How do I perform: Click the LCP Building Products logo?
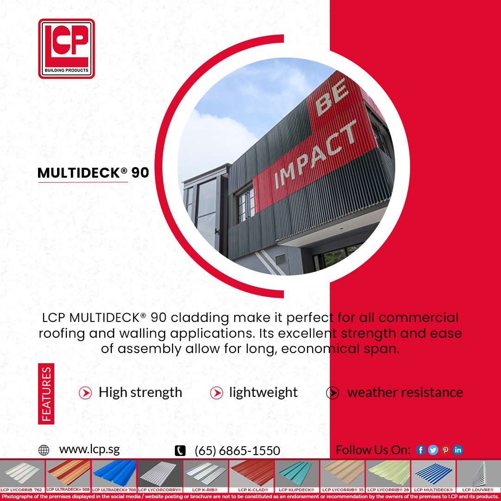tap(66, 48)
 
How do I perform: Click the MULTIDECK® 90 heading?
tap(93, 173)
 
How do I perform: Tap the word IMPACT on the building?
tap(316, 153)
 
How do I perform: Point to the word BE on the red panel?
tap(332, 99)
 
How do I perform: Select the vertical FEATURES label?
tap(46, 394)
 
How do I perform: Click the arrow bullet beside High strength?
tap(85, 393)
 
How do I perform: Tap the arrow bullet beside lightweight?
tap(216, 393)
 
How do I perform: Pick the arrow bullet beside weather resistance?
tap(332, 393)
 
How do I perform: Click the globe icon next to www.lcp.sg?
tap(44, 450)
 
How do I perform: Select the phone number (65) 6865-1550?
tap(237, 450)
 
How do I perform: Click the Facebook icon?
tap(421, 450)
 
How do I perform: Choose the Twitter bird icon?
tap(433, 450)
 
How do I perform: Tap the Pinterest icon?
tap(445, 450)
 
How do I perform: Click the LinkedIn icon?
tap(458, 450)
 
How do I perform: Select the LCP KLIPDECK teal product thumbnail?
tap(297, 473)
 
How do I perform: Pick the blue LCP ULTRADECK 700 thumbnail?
tap(114, 473)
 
